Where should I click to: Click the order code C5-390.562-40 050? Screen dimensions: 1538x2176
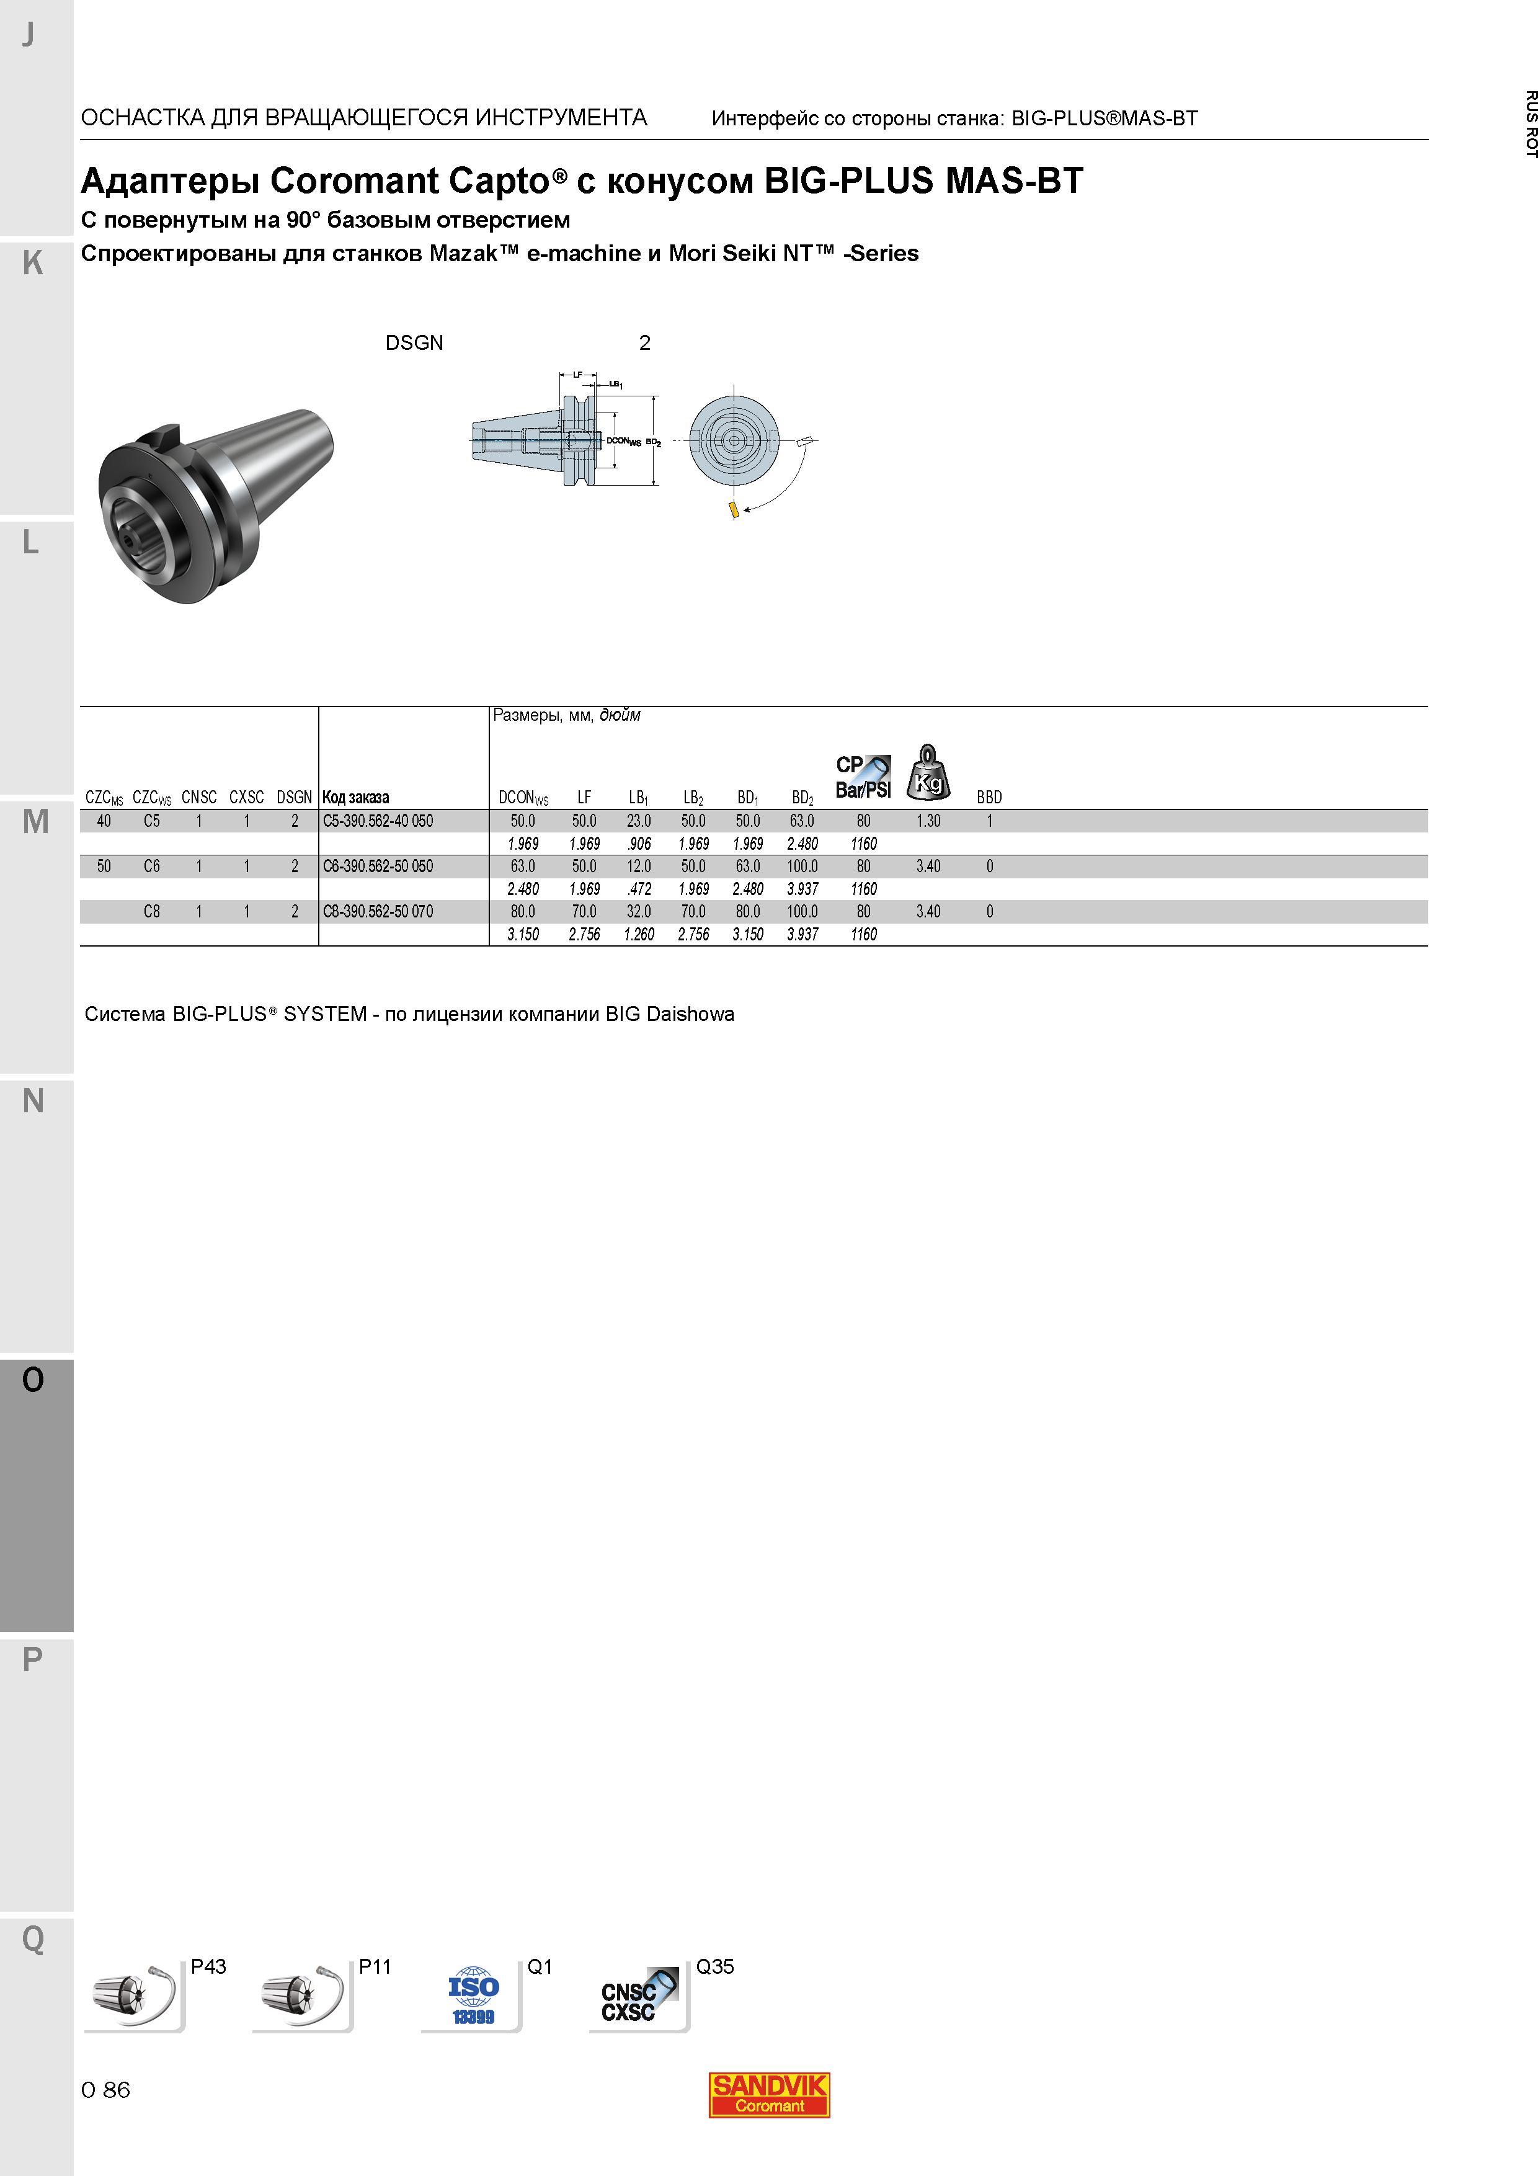(377, 821)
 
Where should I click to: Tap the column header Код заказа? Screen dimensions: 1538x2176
(355, 797)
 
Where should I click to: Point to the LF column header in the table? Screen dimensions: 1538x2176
(584, 797)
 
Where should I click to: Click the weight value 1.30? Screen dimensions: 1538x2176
(928, 821)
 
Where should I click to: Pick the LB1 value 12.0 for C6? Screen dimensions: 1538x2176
(639, 866)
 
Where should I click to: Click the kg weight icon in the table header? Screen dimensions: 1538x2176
(928, 772)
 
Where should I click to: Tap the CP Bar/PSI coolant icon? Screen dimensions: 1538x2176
(863, 776)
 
